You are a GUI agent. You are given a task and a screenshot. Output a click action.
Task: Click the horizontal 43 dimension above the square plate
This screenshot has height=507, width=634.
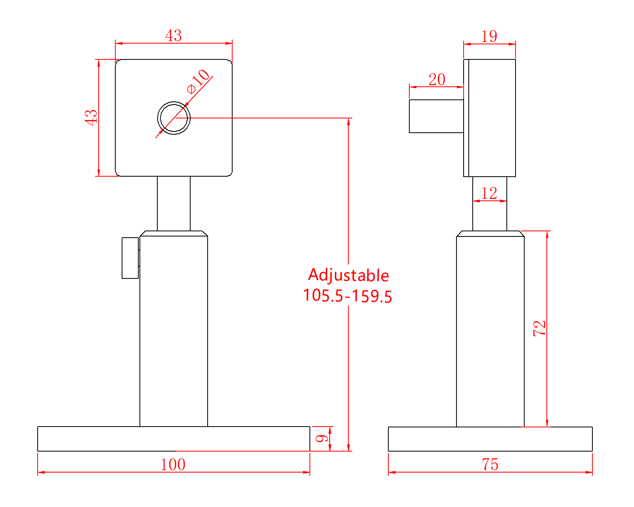coord(174,36)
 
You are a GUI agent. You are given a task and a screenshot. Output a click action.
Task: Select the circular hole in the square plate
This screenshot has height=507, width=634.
coord(174,118)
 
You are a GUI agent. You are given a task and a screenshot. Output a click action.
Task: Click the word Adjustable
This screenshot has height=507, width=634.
coord(348,275)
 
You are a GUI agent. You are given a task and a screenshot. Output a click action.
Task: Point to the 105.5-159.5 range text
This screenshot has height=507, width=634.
coord(348,296)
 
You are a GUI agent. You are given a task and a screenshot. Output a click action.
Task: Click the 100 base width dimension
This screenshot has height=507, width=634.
coord(173,465)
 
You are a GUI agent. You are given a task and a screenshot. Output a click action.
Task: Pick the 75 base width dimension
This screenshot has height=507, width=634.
coord(490,465)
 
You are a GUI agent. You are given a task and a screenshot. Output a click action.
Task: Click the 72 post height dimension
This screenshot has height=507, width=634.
coord(540,328)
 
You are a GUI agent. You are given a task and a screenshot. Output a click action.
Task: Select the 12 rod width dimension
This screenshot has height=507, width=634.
coord(489,194)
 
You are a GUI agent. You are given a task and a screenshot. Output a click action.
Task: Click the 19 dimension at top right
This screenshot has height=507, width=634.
coord(489,36)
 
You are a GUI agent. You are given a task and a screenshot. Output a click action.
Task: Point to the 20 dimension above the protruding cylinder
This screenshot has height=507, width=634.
coord(437,80)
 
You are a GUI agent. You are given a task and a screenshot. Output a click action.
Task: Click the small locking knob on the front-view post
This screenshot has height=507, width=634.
coord(130,258)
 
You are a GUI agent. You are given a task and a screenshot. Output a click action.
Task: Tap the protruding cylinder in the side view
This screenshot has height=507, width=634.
coord(436,116)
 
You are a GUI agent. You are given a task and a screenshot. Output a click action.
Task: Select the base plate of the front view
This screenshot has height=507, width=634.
coord(174,439)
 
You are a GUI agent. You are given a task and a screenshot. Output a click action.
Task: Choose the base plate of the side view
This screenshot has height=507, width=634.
coord(490,439)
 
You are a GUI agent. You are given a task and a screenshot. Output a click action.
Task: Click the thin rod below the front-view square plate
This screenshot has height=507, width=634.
coord(174,203)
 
